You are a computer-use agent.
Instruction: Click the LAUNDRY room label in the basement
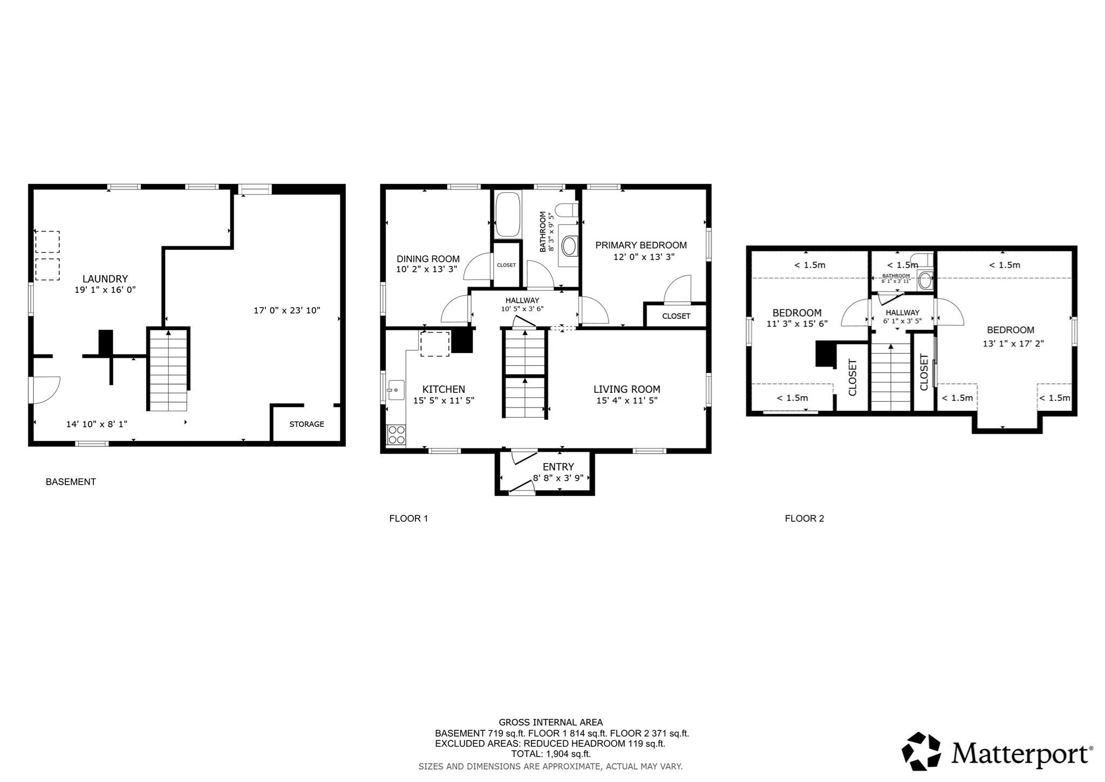pos(105,279)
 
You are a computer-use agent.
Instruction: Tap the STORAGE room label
pos(306,424)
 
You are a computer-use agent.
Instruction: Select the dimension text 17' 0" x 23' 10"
pos(287,310)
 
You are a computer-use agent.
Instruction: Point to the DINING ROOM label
pos(428,259)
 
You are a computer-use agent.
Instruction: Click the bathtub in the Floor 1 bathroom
pos(507,215)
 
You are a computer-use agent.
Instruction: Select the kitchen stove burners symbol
pos(397,435)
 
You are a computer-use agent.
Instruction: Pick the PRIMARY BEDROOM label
pos(640,246)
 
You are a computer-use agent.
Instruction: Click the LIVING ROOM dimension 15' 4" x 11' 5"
pos(626,400)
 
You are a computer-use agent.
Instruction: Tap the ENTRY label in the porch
pos(558,467)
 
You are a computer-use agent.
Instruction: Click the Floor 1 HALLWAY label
pos(522,301)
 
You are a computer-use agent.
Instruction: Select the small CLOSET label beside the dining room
pos(506,266)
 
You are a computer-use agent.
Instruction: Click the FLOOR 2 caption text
pos(804,519)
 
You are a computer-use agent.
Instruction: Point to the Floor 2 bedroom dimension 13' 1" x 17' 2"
pos(1013,343)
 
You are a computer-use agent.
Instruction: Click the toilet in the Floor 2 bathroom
pos(925,280)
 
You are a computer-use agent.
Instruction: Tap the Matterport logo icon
pos(921,751)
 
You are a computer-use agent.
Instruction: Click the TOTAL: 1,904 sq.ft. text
pos(550,754)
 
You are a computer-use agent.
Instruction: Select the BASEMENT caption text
pos(71,482)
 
